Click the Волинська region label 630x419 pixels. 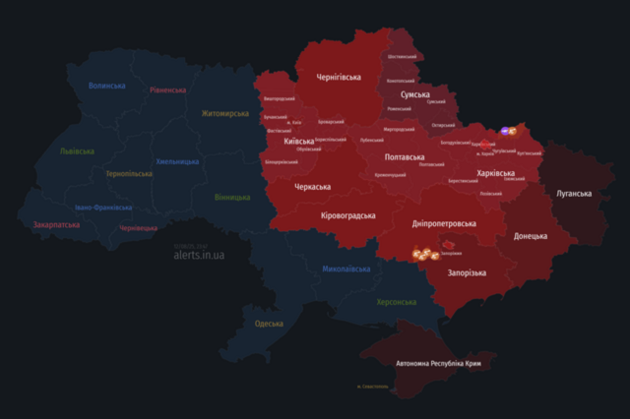pos(106,86)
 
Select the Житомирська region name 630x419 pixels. pos(225,114)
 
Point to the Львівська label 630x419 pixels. pos(77,151)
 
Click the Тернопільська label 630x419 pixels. pos(129,174)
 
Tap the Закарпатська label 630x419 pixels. pos(57,224)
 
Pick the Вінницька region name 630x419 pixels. pos(231,197)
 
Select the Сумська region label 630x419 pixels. pos(414,95)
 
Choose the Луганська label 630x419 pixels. pos(574,193)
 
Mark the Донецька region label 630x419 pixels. pos(531,236)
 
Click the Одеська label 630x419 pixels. pos(269,324)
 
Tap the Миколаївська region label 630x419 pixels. pos(346,269)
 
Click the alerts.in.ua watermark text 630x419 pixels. pos(199,255)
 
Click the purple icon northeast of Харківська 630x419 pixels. pos(505,131)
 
